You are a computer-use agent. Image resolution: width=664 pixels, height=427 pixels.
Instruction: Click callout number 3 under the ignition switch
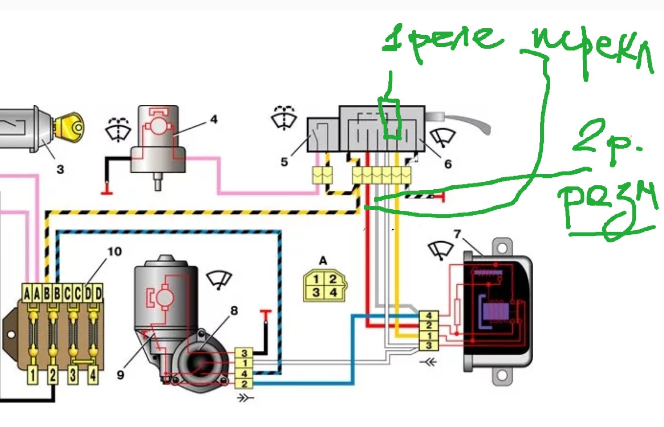click(x=60, y=169)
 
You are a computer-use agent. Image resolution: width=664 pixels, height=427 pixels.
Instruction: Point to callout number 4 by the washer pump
click(x=214, y=119)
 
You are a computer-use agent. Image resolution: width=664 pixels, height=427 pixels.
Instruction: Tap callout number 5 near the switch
click(x=284, y=162)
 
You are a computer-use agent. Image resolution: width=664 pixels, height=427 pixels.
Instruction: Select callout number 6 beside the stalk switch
click(x=448, y=164)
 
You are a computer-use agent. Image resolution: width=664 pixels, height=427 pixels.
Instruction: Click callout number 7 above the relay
click(x=457, y=233)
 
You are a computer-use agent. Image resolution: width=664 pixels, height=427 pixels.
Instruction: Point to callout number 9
click(x=120, y=374)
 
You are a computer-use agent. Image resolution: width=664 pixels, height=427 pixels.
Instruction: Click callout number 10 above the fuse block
click(x=114, y=251)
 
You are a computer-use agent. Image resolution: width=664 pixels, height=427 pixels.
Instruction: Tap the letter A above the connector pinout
click(x=323, y=261)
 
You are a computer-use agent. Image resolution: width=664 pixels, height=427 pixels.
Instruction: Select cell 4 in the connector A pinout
click(x=333, y=293)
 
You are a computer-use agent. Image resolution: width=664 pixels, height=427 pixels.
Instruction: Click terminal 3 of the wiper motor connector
click(x=244, y=353)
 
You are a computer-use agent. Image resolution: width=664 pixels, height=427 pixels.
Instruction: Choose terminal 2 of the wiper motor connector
click(x=244, y=383)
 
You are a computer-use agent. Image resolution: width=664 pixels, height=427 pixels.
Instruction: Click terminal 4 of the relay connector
click(x=429, y=316)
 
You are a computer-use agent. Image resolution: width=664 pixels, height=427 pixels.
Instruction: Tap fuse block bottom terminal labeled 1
click(x=33, y=375)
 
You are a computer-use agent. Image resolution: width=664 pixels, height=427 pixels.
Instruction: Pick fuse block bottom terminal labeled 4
click(x=92, y=375)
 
